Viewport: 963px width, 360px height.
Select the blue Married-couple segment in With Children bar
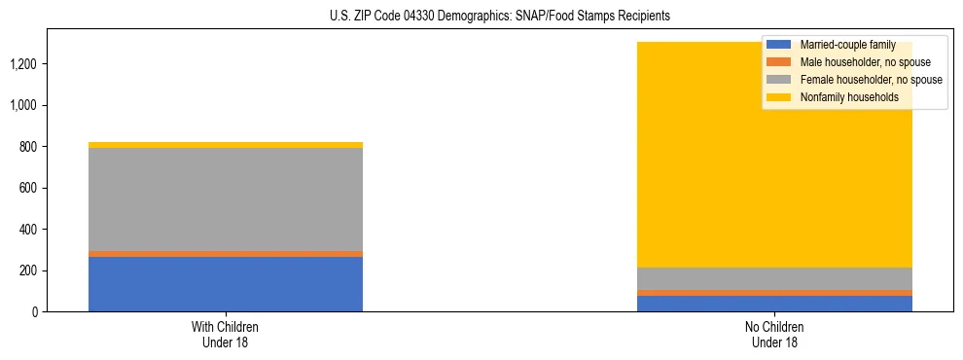(x=226, y=284)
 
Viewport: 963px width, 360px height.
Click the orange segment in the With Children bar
(x=226, y=254)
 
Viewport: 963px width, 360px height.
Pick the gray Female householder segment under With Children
(x=226, y=199)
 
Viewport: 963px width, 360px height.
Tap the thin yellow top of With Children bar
(x=226, y=145)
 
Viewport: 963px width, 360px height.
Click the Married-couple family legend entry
(x=845, y=45)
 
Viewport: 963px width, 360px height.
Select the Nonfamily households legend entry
(x=849, y=97)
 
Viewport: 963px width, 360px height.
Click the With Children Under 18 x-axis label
(x=226, y=334)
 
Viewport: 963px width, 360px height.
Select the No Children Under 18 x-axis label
(x=774, y=334)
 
